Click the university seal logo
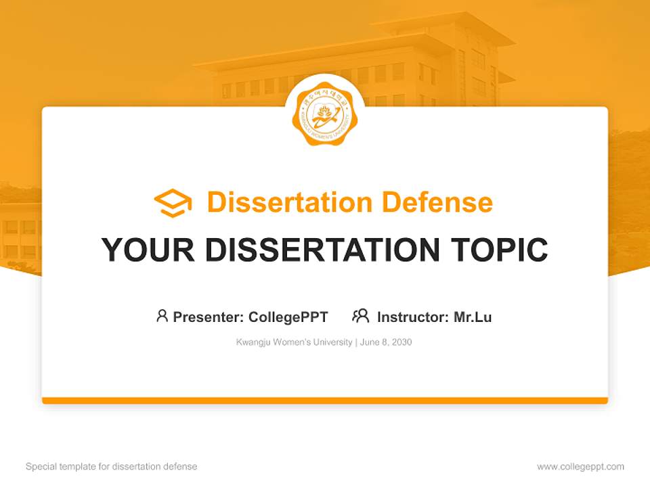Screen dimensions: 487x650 324,114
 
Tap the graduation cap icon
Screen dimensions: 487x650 173,203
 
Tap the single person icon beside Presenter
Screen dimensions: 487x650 162,316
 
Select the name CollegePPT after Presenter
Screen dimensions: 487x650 288,317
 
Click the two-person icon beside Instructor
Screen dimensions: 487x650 360,316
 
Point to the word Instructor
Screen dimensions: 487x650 412,317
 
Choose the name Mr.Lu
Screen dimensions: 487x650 473,317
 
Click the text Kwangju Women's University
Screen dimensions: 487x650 294,342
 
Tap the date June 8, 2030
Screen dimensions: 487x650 386,342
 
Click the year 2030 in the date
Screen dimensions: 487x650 401,342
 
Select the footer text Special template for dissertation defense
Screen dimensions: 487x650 111,467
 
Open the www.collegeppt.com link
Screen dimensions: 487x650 580,467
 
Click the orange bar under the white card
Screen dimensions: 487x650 325,400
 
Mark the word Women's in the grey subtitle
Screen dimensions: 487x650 293,342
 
